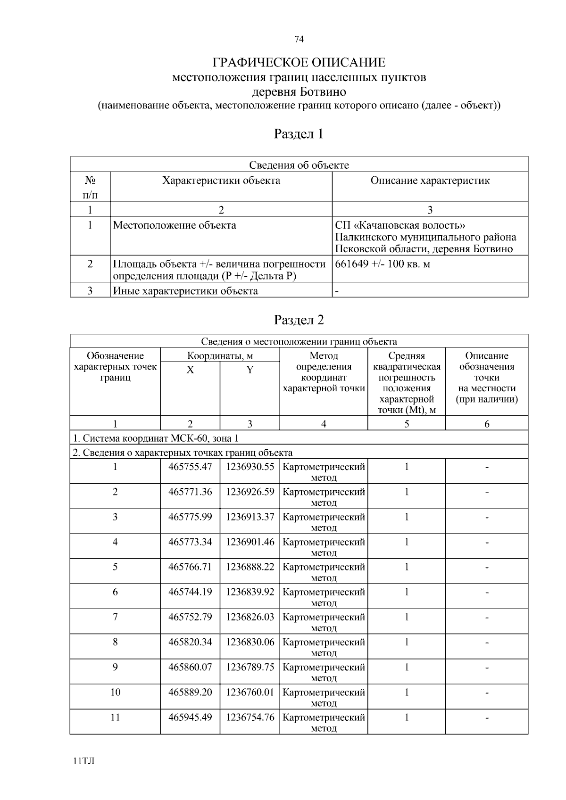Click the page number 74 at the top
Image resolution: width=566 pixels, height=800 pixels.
point(299,40)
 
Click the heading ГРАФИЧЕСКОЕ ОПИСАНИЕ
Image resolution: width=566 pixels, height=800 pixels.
point(299,63)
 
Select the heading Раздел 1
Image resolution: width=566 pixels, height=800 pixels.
point(299,134)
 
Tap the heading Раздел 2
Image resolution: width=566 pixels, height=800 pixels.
point(299,320)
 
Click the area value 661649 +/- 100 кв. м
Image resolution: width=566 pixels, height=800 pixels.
point(383,264)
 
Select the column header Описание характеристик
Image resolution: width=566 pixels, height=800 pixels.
point(430,181)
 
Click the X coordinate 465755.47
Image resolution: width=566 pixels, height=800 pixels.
point(190,467)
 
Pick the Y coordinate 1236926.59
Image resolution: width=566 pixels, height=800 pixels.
point(250,492)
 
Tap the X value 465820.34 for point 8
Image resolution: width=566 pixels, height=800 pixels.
point(190,642)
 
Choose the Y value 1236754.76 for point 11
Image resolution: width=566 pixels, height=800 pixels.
point(250,717)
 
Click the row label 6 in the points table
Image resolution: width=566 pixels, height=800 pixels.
point(115,592)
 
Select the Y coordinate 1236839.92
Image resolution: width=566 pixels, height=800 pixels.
point(250,592)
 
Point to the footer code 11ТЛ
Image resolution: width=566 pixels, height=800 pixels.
point(84,761)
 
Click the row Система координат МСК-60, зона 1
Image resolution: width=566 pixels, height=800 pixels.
point(156,438)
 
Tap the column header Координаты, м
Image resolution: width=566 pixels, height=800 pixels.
point(220,356)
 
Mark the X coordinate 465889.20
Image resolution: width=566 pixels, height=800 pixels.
point(190,692)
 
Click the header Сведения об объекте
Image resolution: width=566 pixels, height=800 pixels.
point(299,165)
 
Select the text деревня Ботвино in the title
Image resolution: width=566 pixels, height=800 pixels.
point(299,91)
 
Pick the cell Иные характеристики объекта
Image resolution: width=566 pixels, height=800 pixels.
point(185,291)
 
